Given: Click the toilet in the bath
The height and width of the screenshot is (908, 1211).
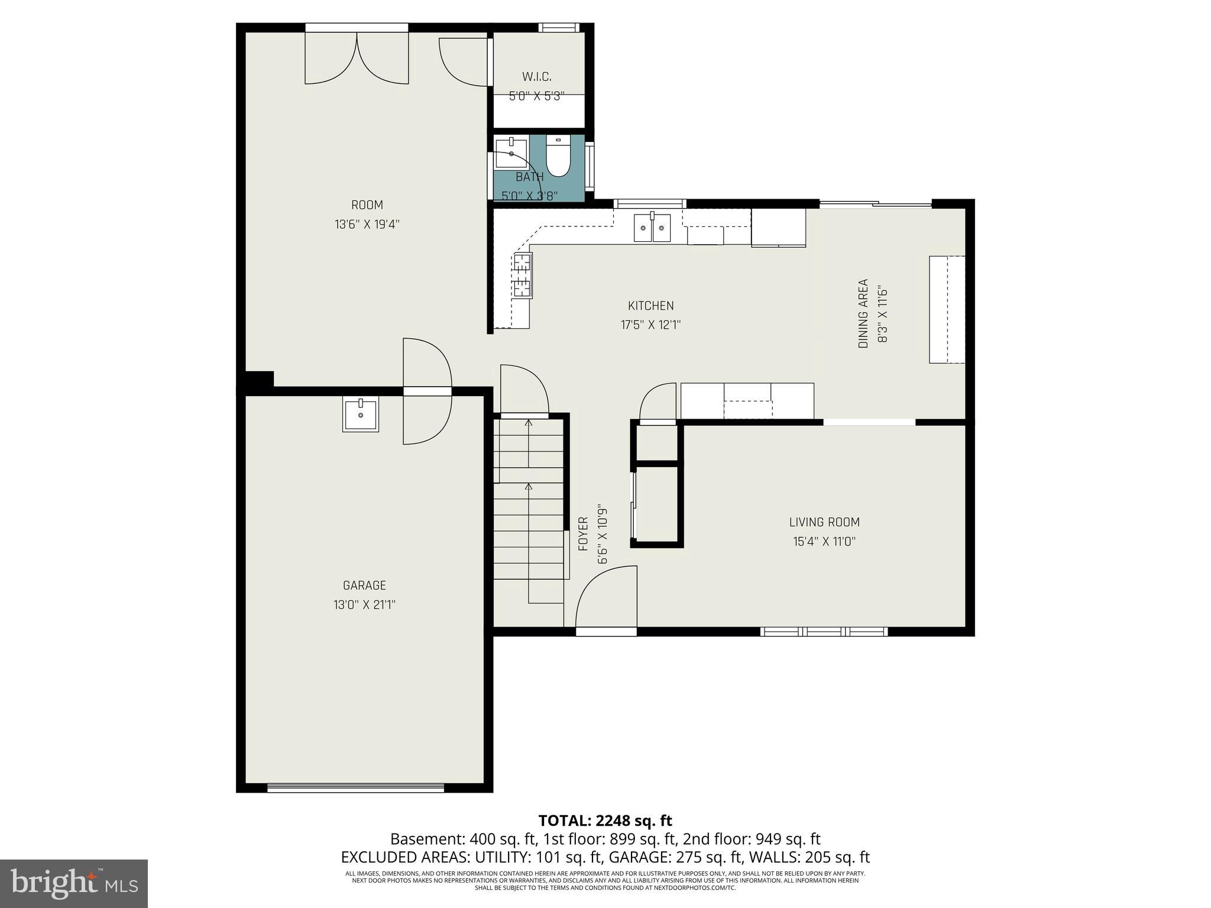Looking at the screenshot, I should (x=558, y=157).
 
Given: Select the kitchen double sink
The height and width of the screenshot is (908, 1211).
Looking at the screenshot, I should (x=652, y=228).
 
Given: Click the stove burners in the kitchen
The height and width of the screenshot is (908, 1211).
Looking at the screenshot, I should (x=523, y=275).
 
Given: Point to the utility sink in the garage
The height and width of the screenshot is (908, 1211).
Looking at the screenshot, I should (x=360, y=415).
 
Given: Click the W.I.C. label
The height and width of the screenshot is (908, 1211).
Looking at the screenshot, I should (x=537, y=77).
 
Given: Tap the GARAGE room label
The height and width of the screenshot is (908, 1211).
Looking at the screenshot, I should (x=364, y=585).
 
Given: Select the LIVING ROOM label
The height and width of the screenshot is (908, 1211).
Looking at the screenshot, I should (x=824, y=522).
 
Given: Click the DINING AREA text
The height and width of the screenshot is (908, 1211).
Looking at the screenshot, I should (x=863, y=313).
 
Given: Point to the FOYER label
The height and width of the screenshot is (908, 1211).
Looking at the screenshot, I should (x=583, y=534).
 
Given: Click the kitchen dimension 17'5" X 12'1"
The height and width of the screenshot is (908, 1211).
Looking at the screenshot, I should (x=650, y=325).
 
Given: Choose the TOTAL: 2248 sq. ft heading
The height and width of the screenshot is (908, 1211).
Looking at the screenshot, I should (x=605, y=821).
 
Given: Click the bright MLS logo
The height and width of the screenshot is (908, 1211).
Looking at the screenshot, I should (x=73, y=883).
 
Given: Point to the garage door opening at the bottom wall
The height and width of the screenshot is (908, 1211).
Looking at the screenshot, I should (x=355, y=787).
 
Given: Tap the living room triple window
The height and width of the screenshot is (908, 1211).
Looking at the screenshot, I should (x=824, y=632).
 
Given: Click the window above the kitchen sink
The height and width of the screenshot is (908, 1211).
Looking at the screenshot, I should (x=650, y=204).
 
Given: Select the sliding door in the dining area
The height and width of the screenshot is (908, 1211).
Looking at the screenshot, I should (x=875, y=205).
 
